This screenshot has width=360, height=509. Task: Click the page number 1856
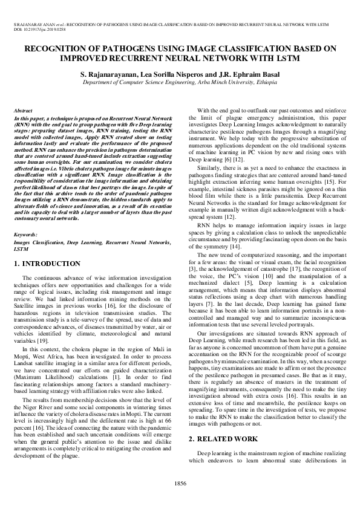tap(180, 483)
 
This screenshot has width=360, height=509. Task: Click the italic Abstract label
tap(23, 111)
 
